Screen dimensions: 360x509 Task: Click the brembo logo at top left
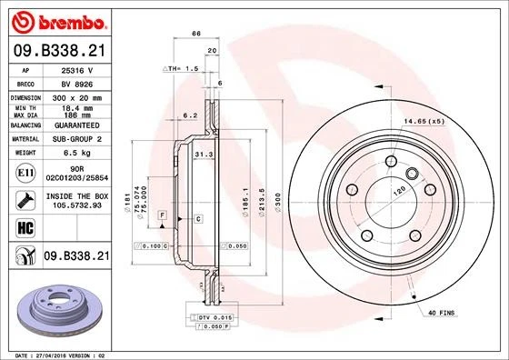point(56,20)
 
